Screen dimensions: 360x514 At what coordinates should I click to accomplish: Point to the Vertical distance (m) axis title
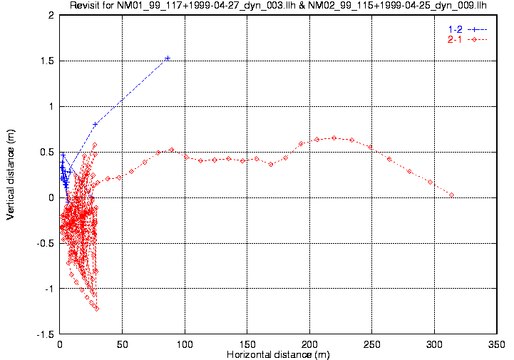(11, 175)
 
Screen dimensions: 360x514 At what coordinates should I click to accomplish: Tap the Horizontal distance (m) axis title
(277, 354)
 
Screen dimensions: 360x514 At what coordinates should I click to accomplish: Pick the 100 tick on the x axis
(185, 344)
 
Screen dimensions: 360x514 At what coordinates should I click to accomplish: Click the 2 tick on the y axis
(52, 15)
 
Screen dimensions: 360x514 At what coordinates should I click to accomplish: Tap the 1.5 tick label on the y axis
(48, 61)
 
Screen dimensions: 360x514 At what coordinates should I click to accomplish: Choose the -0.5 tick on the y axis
(46, 243)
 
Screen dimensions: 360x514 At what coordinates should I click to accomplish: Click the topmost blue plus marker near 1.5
(168, 58)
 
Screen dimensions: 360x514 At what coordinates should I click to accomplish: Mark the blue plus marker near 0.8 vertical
(95, 124)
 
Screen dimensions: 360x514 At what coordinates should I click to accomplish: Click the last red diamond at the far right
(451, 195)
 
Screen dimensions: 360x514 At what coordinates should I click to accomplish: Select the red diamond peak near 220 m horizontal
(334, 138)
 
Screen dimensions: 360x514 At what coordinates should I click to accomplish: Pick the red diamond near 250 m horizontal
(370, 147)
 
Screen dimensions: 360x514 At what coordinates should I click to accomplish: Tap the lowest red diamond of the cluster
(96, 309)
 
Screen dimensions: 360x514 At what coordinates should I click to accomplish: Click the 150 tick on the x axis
(247, 344)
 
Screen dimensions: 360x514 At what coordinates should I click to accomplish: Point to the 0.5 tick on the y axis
(48, 152)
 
